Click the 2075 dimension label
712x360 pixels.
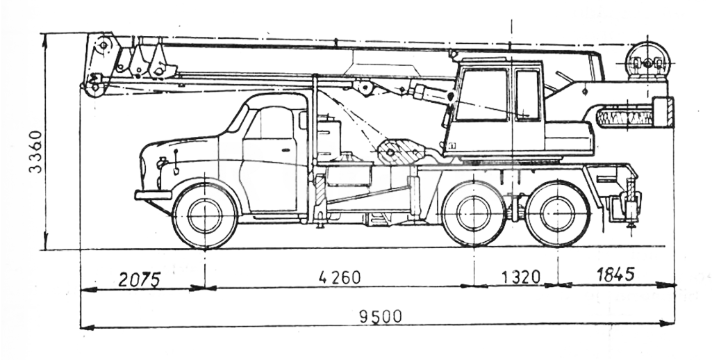pos(140,279)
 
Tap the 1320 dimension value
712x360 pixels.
pos(520,277)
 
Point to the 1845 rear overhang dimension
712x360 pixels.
pos(615,274)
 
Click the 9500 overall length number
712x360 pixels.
pos(380,317)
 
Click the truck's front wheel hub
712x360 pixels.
pos(205,216)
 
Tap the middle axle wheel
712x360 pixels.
pos(474,213)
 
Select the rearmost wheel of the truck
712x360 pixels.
pos(557,213)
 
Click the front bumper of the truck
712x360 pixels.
pos(153,195)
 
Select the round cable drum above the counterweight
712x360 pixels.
pos(647,63)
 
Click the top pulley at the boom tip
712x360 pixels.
pos(104,46)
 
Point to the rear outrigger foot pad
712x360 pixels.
pos(631,223)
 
